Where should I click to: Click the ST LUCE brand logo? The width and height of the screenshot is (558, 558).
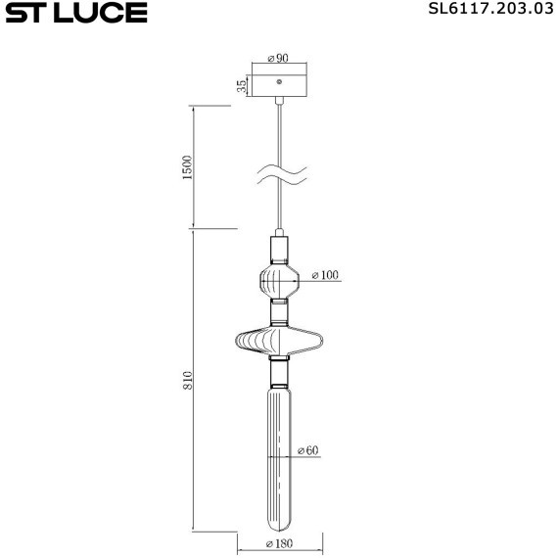tap(74, 13)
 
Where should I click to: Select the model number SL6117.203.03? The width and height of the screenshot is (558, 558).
tap(484, 12)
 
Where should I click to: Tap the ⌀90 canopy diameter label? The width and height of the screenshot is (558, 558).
tap(280, 58)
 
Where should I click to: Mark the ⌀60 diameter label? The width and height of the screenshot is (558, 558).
tap(306, 451)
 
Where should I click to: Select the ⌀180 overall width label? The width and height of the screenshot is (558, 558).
tap(281, 544)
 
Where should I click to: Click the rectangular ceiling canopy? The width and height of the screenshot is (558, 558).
tap(280, 84)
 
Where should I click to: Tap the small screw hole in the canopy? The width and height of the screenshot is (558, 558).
tap(280, 80)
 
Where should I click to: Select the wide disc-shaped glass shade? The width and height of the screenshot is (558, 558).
tap(280, 342)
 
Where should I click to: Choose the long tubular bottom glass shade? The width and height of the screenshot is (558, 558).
tap(279, 450)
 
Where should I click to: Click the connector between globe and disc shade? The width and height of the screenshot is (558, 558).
tap(280, 314)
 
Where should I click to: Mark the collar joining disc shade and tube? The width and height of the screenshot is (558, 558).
tap(280, 373)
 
